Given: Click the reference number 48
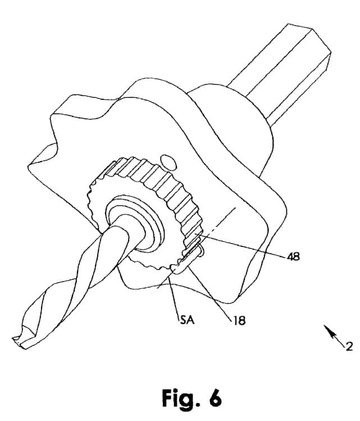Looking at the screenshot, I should pyautogui.click(x=293, y=257).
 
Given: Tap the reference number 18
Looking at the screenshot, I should pyautogui.click(x=240, y=321).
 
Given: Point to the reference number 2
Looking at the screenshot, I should pyautogui.click(x=349, y=346).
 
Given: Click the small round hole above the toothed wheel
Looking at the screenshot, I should pyautogui.click(x=167, y=162).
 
